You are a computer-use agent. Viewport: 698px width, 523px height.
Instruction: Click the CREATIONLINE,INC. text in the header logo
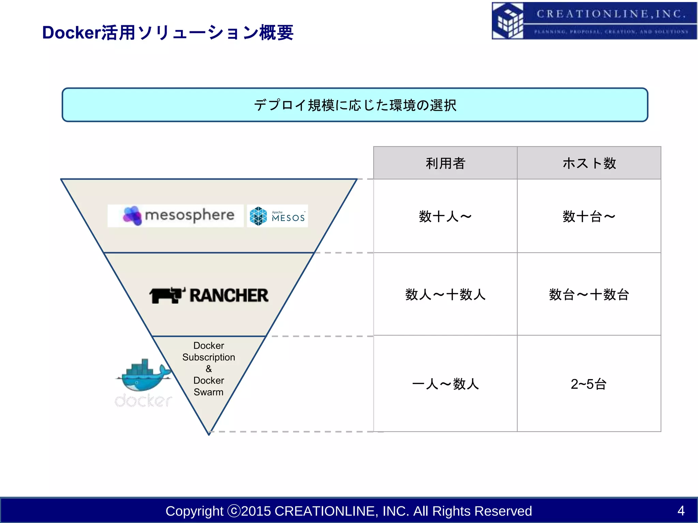coord(611,14)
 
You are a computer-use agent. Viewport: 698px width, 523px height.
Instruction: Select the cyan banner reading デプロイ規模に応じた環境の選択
coord(354,105)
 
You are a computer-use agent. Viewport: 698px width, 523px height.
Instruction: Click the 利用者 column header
coord(445,163)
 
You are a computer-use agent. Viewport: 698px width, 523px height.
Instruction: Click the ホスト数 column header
coord(589,163)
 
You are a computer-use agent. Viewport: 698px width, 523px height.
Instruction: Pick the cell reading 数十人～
coord(445,216)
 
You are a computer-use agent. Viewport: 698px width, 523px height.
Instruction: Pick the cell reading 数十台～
coord(589,216)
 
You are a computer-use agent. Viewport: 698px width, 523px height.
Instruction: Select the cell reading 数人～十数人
coord(445,295)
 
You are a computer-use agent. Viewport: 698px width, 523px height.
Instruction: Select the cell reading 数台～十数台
coord(589,295)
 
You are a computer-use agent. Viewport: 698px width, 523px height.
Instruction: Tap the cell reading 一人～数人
coord(445,384)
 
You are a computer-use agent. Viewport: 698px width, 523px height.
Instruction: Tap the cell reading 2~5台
coord(589,384)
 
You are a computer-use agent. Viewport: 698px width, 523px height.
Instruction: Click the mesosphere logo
coord(176,216)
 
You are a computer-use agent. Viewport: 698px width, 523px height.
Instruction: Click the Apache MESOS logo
coord(277,216)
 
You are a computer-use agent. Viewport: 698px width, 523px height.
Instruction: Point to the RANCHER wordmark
coord(229,295)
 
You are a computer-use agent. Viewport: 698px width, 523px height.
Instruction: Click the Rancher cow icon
coord(167,295)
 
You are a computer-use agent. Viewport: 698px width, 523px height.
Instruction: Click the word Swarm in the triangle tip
coord(209,392)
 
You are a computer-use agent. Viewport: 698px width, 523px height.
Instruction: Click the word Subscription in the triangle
coord(209,357)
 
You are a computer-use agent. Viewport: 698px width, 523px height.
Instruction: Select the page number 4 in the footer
coord(681,511)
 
